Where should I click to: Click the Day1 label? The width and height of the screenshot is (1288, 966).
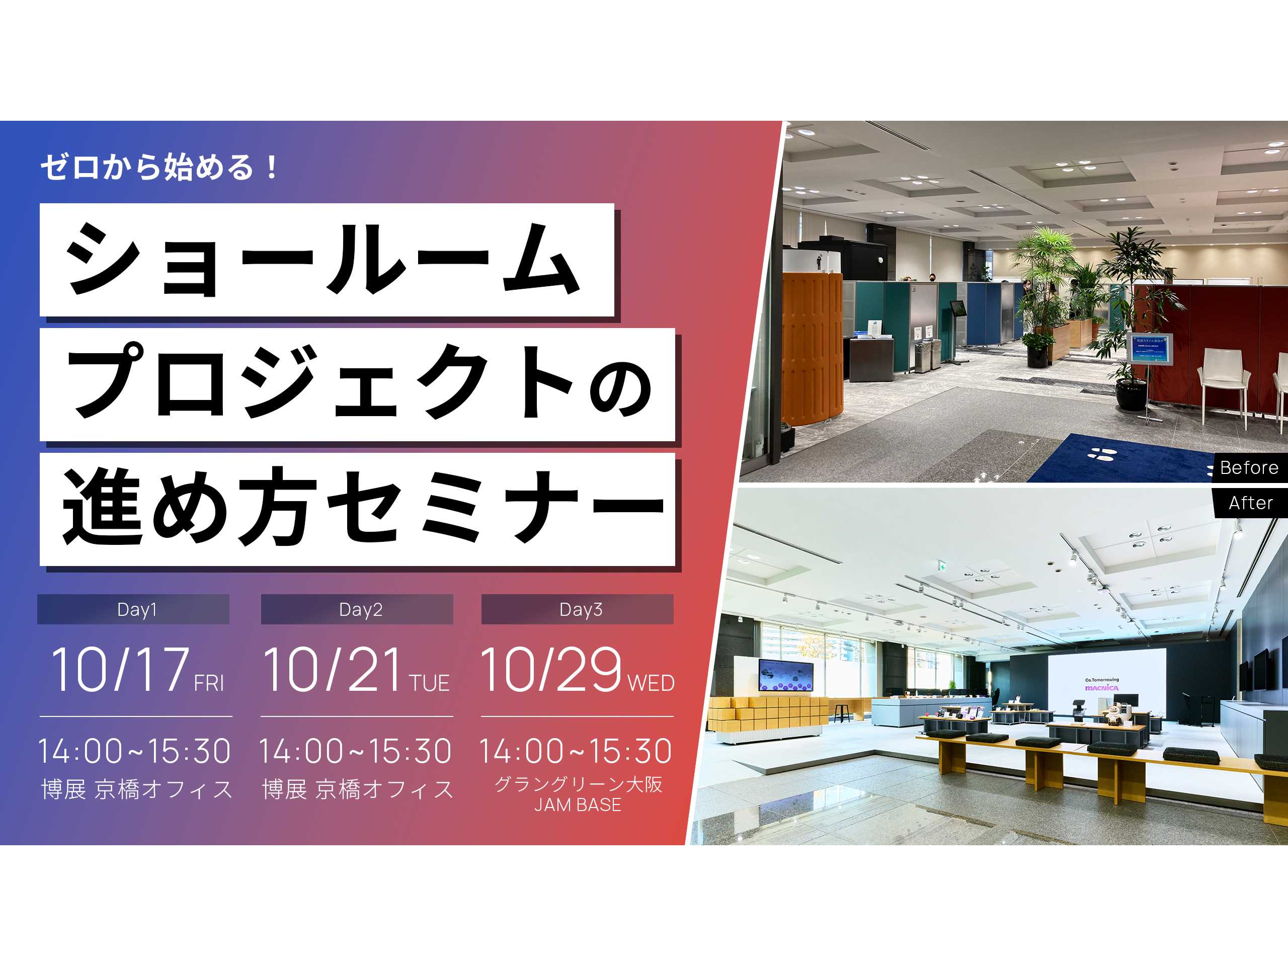tap(136, 610)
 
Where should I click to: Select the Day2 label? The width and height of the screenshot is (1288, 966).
tap(360, 610)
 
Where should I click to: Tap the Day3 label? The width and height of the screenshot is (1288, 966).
tap(581, 610)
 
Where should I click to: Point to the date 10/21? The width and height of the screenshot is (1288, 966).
tap(333, 671)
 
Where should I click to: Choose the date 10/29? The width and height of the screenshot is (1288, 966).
tap(551, 671)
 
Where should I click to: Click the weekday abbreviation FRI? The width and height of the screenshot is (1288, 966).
tap(209, 683)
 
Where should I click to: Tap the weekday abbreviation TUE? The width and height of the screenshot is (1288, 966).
tap(429, 683)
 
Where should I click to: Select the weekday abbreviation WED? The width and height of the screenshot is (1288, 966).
tap(651, 683)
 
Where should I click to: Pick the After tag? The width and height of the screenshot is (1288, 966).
tap(1251, 503)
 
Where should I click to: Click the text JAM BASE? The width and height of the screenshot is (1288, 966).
tap(578, 806)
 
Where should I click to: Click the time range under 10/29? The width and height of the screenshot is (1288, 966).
tap(575, 751)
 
